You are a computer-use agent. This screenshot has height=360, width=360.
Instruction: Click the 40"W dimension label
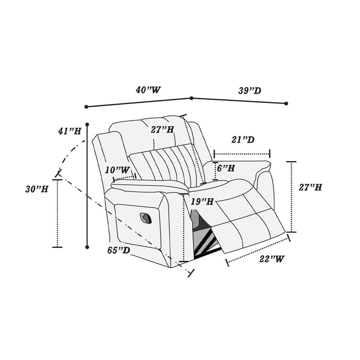(x=148, y=90)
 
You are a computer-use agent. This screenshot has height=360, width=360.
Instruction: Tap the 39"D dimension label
(x=250, y=91)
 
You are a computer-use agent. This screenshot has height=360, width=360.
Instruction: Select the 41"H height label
(x=69, y=131)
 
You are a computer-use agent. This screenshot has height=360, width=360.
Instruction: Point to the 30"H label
(x=36, y=189)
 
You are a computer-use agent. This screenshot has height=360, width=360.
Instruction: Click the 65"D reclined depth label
(x=119, y=250)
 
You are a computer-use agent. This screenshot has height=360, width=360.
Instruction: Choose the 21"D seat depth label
(x=243, y=140)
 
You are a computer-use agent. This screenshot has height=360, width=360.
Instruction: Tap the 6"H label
(x=226, y=168)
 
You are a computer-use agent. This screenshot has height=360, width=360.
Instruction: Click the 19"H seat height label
(x=202, y=202)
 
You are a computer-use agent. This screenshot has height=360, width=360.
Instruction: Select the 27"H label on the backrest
(x=162, y=130)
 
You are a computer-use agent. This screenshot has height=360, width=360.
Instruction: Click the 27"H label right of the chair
(x=310, y=187)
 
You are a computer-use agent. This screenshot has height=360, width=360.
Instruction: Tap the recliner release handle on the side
(x=147, y=217)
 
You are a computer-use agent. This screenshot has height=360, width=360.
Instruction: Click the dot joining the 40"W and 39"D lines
(x=191, y=98)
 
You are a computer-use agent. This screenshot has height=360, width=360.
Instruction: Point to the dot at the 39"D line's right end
(x=286, y=103)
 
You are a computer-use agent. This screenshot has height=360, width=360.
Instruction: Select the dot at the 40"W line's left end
(x=86, y=107)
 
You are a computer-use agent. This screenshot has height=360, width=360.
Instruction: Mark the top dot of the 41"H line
(x=87, y=123)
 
